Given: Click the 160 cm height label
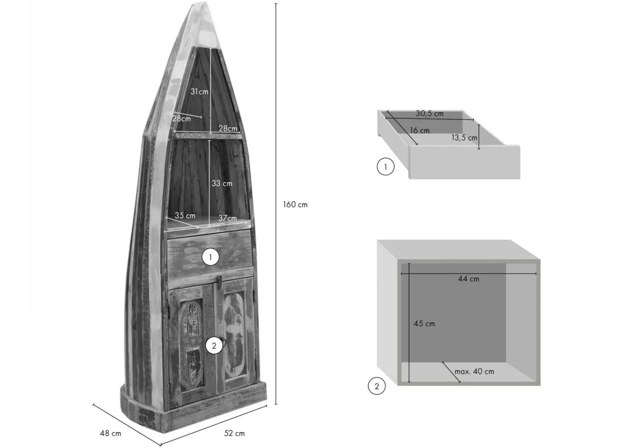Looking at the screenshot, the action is click(x=295, y=205).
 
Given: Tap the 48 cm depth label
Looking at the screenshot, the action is click(x=110, y=433).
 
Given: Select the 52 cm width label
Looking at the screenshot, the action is click(x=234, y=433).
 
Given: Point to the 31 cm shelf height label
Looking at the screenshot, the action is click(x=199, y=92).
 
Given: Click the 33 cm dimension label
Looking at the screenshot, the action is click(x=222, y=183).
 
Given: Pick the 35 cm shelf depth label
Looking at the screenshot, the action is click(x=185, y=215).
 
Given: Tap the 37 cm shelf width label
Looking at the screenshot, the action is click(x=228, y=218).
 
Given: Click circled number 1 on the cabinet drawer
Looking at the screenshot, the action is click(x=210, y=257).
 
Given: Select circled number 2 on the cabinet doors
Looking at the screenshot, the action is click(x=214, y=346).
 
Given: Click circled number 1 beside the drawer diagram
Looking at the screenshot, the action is click(x=385, y=167).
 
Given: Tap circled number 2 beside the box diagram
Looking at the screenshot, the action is click(x=377, y=386).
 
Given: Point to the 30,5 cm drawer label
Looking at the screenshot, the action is click(x=430, y=114).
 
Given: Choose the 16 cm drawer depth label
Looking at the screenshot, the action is click(x=420, y=131).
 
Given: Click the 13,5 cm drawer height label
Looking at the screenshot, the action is click(x=464, y=138).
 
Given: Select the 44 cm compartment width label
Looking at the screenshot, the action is click(x=469, y=279).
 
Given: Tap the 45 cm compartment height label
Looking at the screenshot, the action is click(x=424, y=324).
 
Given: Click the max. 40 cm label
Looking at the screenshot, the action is click(x=474, y=372).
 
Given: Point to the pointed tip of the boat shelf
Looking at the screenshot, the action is click(x=205, y=3).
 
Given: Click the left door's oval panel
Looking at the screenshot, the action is click(x=192, y=344).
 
